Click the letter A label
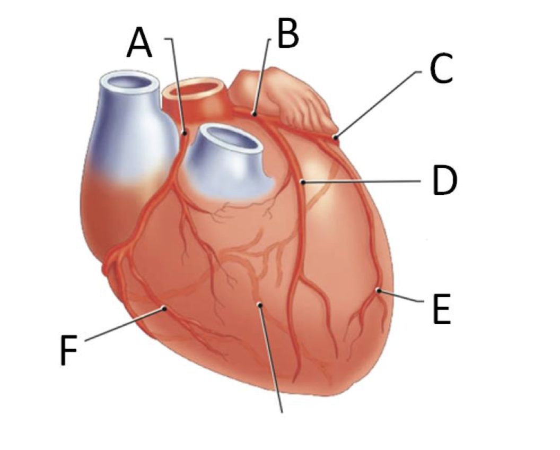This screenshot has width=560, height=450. point(139,44)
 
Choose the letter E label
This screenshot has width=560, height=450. point(441,310)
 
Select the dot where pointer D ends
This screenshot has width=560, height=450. point(303,182)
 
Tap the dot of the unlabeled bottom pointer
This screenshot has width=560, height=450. point(259,304)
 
